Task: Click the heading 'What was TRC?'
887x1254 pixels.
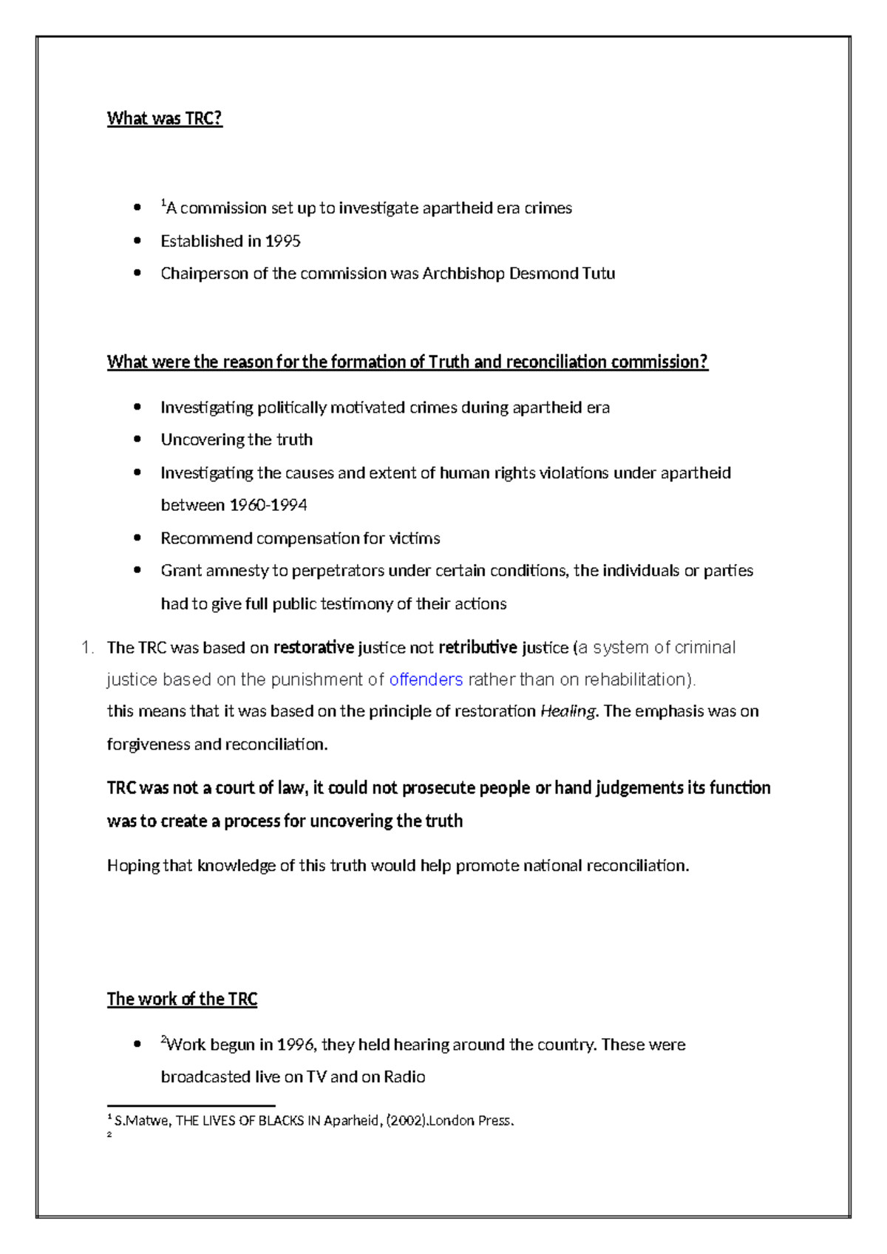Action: pyautogui.click(x=164, y=118)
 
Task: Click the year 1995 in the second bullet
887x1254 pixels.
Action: pyautogui.click(x=283, y=241)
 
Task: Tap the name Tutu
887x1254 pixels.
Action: pyautogui.click(x=599, y=274)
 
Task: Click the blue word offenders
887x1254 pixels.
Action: pyautogui.click(x=426, y=679)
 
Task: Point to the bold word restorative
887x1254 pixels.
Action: pyautogui.click(x=313, y=648)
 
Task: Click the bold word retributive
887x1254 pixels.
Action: pyautogui.click(x=478, y=648)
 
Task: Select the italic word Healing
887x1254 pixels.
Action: pyautogui.click(x=568, y=711)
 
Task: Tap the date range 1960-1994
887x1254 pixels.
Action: pyautogui.click(x=268, y=505)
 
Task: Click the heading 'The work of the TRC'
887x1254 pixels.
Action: pyautogui.click(x=182, y=1000)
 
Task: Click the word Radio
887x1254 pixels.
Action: pyautogui.click(x=404, y=1077)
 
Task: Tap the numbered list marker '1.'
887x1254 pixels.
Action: pyautogui.click(x=87, y=648)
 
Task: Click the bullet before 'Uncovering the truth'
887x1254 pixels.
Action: pyautogui.click(x=137, y=439)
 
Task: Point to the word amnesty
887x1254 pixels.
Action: pyautogui.click(x=238, y=571)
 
